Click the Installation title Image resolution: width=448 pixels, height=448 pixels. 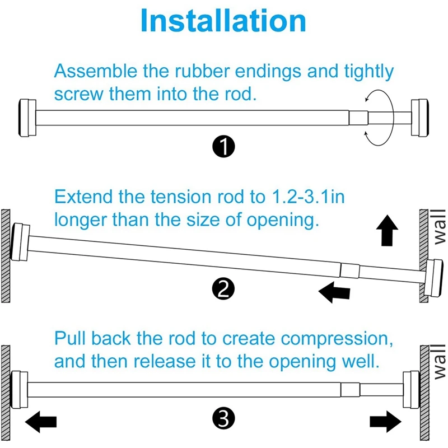point(223,21)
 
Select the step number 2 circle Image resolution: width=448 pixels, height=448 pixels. point(223,289)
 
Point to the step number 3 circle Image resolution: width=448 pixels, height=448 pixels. point(223,418)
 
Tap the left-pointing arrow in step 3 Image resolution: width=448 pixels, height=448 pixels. point(43,421)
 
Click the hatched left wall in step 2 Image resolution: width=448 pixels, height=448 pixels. point(5,255)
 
